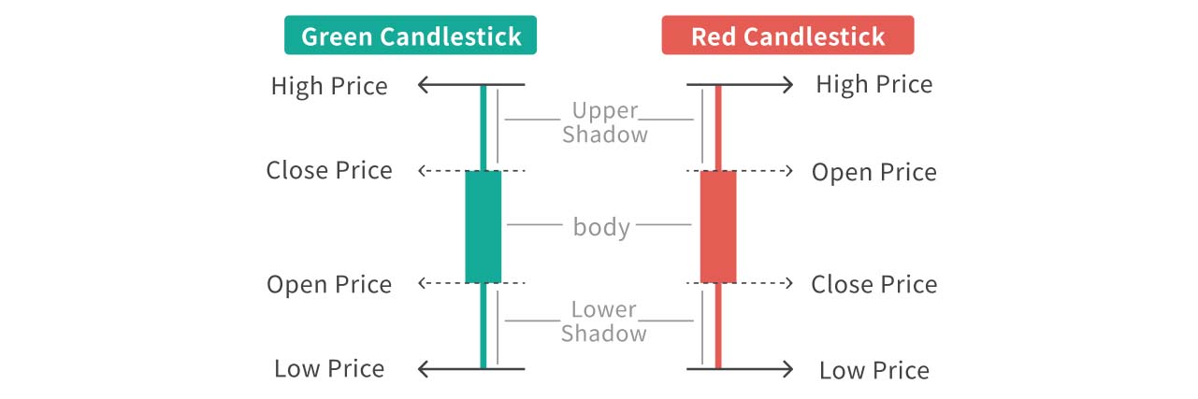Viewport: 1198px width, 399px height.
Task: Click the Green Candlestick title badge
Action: (x=411, y=36)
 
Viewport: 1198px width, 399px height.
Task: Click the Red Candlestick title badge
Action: (x=787, y=36)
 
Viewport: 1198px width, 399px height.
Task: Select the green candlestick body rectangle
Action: (x=484, y=226)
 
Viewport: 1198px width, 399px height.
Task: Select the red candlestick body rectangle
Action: (x=718, y=226)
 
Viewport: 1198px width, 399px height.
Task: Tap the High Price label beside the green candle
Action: (x=329, y=86)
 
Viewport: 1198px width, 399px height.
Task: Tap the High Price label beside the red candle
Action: (x=873, y=85)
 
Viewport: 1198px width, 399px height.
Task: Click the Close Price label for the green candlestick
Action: (x=329, y=171)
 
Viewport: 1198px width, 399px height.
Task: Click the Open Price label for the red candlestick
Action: (x=873, y=173)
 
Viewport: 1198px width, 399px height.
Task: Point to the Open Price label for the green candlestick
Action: (x=329, y=284)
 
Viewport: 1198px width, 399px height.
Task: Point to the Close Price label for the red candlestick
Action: (x=873, y=284)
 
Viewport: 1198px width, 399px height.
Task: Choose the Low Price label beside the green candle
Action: (x=329, y=368)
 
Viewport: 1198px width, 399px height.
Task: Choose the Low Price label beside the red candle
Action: (x=873, y=370)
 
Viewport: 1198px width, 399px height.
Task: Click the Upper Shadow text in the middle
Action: (x=604, y=122)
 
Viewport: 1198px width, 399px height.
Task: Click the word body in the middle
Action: (x=601, y=226)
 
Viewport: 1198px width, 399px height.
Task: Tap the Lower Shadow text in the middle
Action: (x=603, y=321)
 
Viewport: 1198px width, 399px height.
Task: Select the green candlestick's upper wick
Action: (x=484, y=128)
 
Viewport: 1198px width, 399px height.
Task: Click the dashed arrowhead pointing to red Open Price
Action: (x=790, y=171)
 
